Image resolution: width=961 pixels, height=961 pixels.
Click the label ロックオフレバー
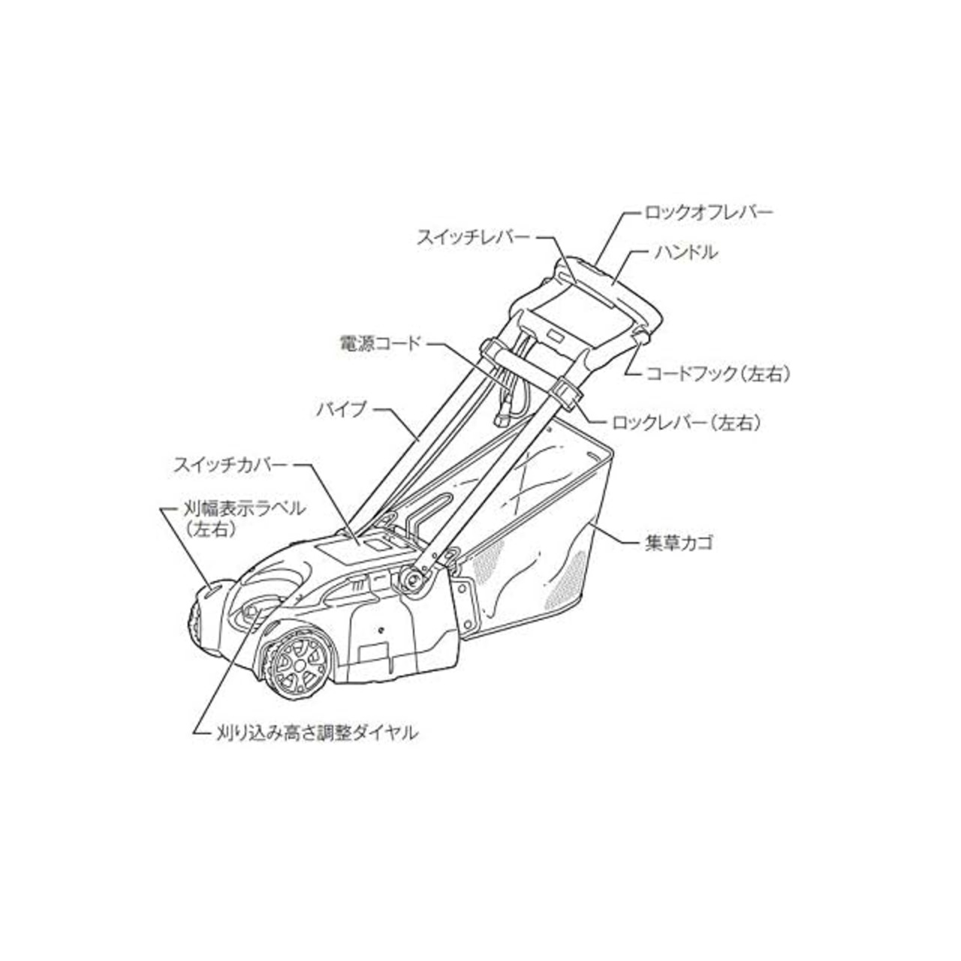tap(709, 212)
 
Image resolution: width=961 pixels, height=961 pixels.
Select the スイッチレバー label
tap(473, 237)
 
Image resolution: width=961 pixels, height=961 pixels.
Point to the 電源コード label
tap(380, 344)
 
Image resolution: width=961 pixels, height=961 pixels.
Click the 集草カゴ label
tap(678, 543)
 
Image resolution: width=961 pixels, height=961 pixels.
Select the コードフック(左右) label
tap(718, 374)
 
